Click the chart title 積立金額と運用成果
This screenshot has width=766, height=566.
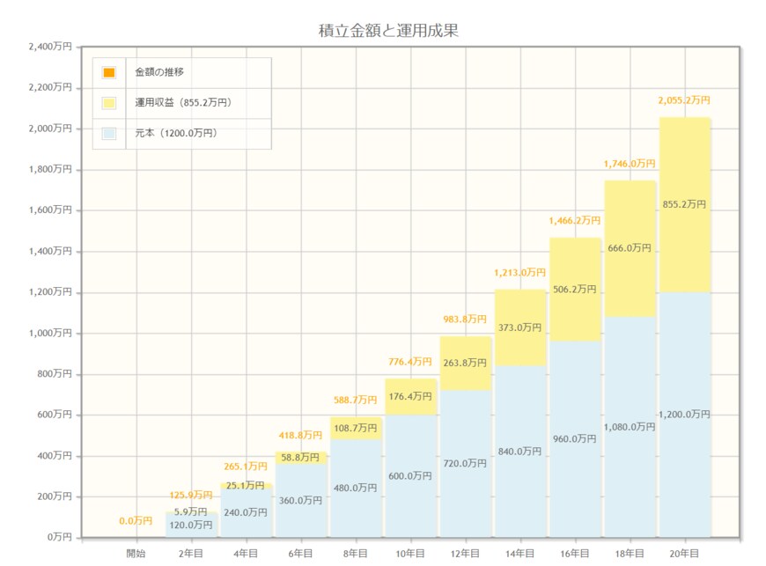388,30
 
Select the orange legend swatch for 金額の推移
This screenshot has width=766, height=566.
109,72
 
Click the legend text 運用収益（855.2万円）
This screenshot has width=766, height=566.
182,103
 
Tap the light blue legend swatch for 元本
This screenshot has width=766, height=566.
109,134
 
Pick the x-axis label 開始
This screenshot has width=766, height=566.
136,553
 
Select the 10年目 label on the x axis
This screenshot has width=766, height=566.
410,553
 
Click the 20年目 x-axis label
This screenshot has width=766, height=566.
684,553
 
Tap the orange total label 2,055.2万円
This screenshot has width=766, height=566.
684,101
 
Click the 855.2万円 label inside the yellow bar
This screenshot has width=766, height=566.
684,204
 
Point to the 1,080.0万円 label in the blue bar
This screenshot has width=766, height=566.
630,427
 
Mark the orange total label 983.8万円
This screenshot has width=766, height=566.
465,320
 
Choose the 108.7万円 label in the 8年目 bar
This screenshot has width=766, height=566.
356,428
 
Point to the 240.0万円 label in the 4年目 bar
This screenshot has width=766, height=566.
246,512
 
